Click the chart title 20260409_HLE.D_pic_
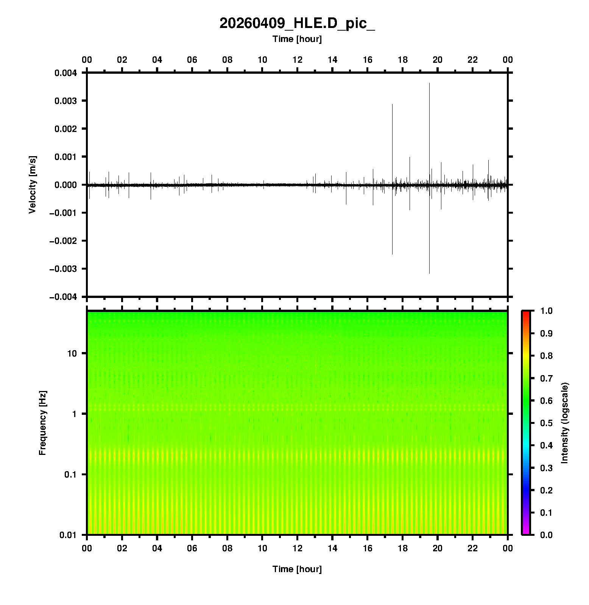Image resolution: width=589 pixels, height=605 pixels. (297, 23)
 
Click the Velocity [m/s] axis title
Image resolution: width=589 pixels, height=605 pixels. (33, 185)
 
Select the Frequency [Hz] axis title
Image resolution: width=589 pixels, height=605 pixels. (42, 423)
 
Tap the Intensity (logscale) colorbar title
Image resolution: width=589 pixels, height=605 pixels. (565, 423)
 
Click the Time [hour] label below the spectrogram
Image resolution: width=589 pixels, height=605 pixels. (297, 569)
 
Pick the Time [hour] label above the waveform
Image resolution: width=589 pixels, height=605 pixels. (297, 39)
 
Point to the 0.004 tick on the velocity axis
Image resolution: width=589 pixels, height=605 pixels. (66, 73)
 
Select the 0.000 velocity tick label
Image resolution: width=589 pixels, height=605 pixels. (66, 185)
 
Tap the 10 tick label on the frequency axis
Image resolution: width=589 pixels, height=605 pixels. (72, 354)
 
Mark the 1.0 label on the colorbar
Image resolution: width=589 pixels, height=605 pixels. (547, 311)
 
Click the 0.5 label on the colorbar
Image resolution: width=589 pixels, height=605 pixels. (547, 423)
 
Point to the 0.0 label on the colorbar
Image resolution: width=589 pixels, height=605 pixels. (547, 535)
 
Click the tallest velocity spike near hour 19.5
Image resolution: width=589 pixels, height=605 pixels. (429, 113)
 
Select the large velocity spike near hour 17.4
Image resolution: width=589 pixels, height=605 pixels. (392, 132)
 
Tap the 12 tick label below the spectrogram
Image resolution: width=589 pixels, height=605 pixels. (298, 548)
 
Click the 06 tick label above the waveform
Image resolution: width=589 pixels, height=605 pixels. (192, 60)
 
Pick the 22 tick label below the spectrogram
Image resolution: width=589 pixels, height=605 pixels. (473, 548)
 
